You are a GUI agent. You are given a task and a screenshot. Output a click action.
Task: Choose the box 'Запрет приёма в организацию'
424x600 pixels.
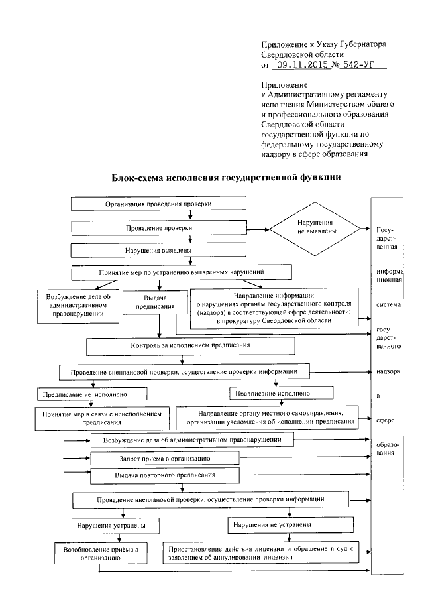click(x=164, y=458)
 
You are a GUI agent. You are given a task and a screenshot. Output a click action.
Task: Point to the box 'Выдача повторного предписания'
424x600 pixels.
click(x=164, y=475)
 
